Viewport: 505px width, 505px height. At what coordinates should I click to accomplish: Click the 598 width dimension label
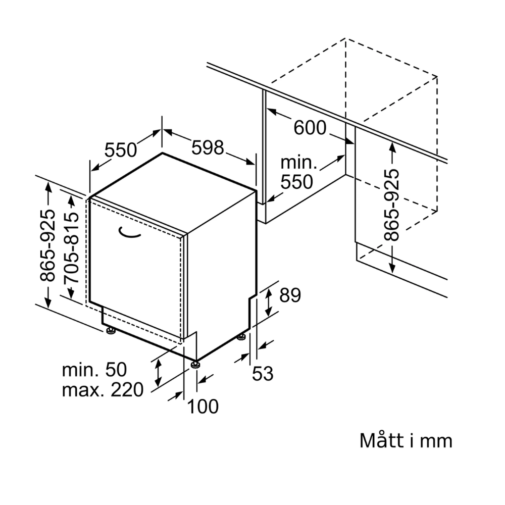coord(208,147)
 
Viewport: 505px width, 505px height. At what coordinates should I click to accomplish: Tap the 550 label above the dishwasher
coord(121,150)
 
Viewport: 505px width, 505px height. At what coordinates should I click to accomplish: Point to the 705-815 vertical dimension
coord(71,247)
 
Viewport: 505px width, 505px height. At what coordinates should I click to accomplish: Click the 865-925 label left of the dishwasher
coord(48,245)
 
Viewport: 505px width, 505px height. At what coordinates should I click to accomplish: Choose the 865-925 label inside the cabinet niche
coord(391,205)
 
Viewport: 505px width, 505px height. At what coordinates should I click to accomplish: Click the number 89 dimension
coord(290,295)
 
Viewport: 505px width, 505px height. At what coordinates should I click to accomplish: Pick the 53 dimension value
coord(263,374)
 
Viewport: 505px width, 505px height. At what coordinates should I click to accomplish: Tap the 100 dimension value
coord(203,406)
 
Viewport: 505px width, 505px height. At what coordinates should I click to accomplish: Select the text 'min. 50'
coord(94,370)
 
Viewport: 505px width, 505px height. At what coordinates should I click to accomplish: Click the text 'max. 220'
coord(103,390)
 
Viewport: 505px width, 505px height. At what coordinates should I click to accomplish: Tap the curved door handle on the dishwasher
coord(130,232)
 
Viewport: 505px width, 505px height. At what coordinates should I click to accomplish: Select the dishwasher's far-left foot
coord(110,331)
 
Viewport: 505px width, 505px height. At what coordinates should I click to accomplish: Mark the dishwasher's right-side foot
coord(242,336)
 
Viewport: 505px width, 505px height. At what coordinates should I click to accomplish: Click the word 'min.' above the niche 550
coord(298,163)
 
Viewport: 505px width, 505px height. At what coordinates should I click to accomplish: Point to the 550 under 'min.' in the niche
coord(297,182)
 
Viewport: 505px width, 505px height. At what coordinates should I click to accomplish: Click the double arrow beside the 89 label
coord(268,301)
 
